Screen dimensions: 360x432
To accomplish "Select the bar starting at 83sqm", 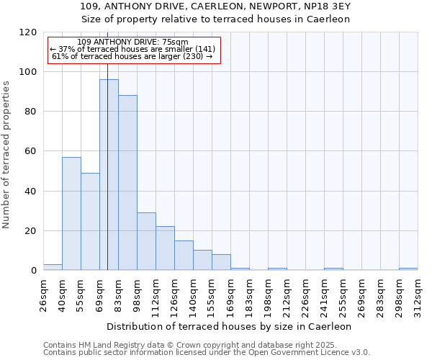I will (x=127, y=183).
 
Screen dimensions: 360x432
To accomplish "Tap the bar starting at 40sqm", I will (x=71, y=213).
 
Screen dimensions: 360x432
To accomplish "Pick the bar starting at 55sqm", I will (x=90, y=221).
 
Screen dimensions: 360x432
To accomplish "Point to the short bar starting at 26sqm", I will (x=53, y=267).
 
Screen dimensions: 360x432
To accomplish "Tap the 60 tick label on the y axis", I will (x=30, y=152).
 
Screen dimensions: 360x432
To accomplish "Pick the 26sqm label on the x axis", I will (x=43, y=294).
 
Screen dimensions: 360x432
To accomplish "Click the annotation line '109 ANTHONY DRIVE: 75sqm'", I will (x=132, y=42).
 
